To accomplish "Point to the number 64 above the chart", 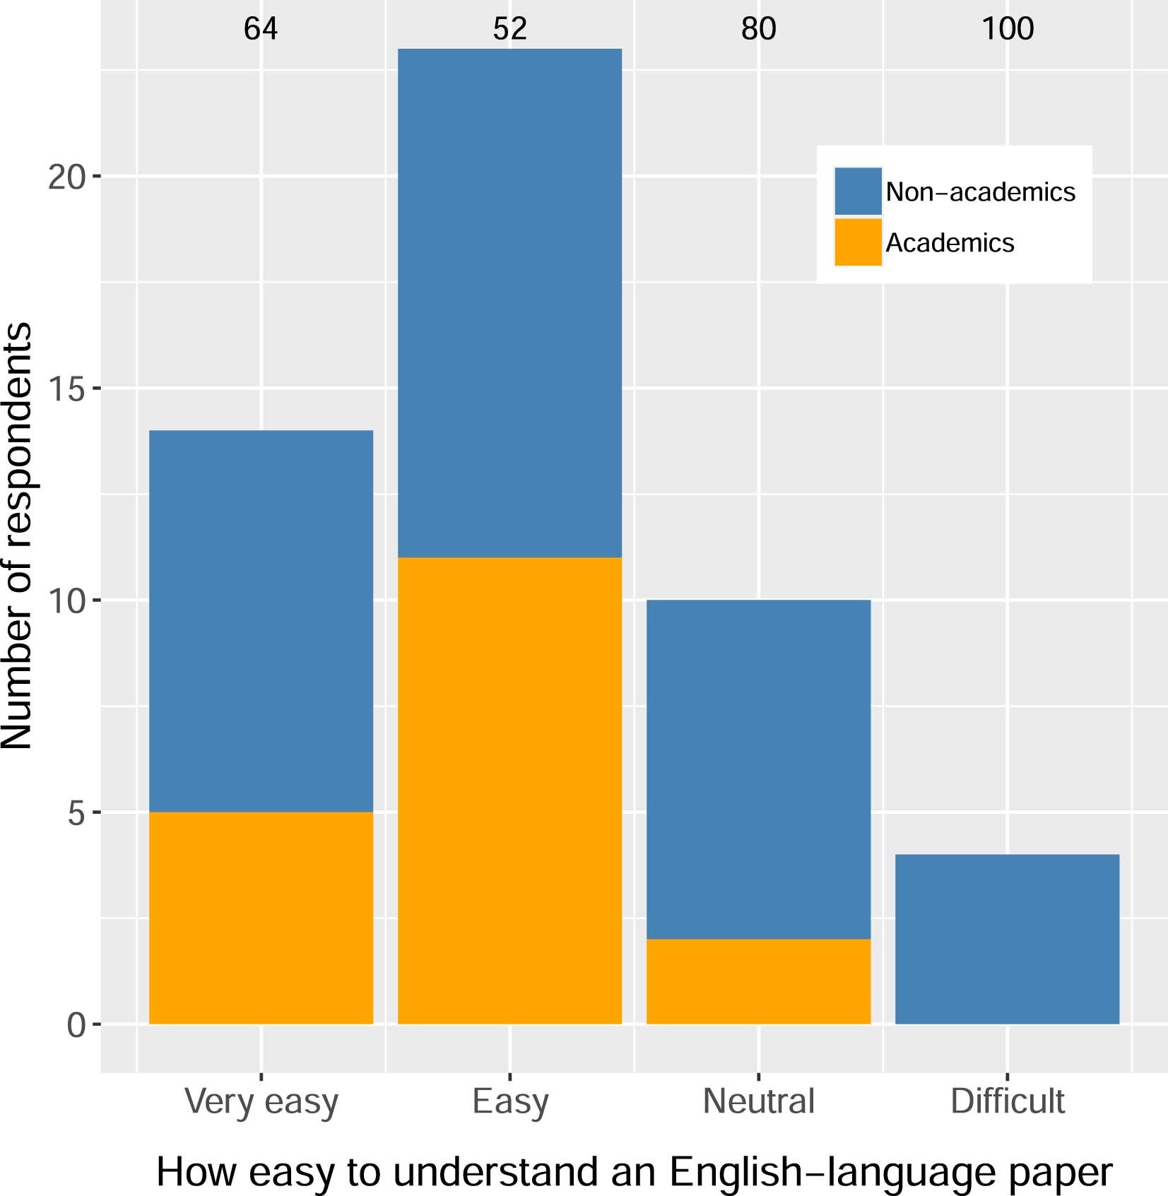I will coord(261,29).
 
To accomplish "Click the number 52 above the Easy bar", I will coord(509,29).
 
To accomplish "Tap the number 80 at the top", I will coord(758,29).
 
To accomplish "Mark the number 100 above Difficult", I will coord(1007,29).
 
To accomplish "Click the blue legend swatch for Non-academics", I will coord(858,191).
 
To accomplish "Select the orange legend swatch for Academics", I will coord(858,242).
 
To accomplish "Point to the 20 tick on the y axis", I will coord(66,177).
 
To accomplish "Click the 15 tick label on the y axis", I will coord(66,389).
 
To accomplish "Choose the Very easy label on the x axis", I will coord(261,1102).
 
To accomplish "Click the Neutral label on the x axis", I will coord(758,1101).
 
